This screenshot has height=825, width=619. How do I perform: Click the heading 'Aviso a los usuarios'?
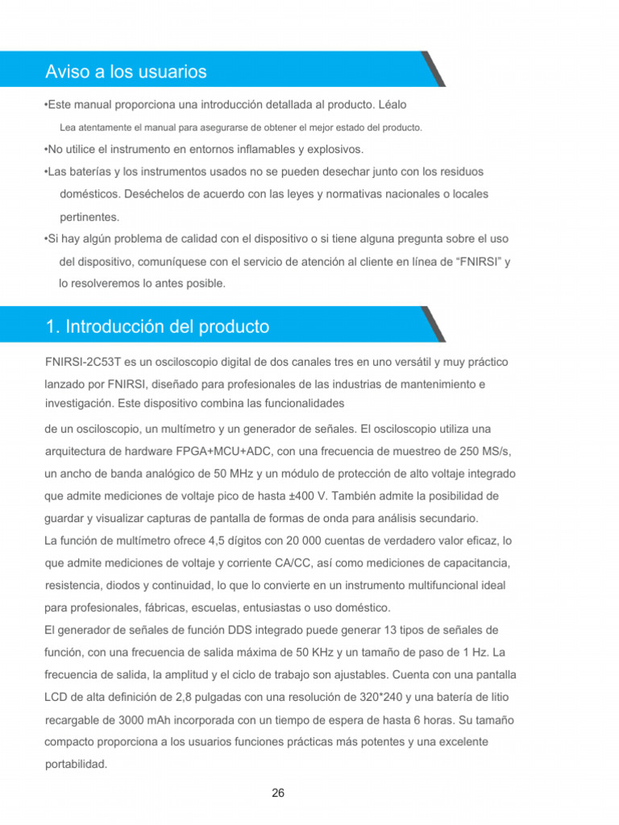tap(126, 72)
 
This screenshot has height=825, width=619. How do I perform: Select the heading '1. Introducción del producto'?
tap(157, 326)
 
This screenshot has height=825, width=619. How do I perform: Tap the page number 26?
tap(278, 793)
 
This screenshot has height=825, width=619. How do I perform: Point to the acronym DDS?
tap(214, 629)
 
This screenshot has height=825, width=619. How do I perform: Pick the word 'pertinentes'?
tap(89, 217)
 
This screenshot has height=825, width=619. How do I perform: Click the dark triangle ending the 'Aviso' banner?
tap(434, 69)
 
